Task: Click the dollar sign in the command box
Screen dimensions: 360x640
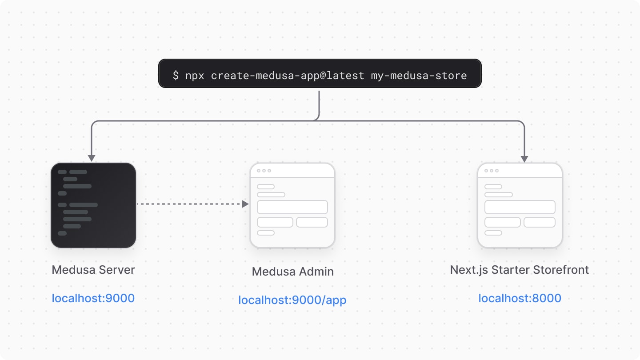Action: pos(176,76)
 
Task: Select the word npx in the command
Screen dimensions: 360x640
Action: pos(195,76)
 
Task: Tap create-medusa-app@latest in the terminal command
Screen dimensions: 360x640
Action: pos(288,76)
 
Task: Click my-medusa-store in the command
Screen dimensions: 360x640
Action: pos(419,76)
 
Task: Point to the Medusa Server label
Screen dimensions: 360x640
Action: pos(93,270)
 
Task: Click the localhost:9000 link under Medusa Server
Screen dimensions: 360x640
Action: pos(93,298)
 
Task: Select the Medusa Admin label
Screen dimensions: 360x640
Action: pos(292,272)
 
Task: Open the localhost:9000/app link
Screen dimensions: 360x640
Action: pos(292,300)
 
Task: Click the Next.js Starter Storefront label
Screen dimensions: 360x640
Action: pos(520,270)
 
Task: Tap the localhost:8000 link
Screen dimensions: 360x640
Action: pos(520,298)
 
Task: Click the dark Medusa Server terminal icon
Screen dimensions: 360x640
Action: pos(93,205)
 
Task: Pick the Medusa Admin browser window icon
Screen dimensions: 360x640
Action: pos(292,205)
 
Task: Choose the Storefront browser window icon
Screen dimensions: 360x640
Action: pos(520,205)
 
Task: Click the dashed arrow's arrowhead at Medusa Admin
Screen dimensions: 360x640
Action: pos(245,204)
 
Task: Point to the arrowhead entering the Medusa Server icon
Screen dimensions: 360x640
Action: pos(92,158)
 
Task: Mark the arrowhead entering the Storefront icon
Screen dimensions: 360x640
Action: pos(524,159)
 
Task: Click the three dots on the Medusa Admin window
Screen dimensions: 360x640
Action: pos(264,171)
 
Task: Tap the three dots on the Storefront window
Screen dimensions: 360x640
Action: pos(492,171)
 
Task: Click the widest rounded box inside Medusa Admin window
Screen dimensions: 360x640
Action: pos(292,207)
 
